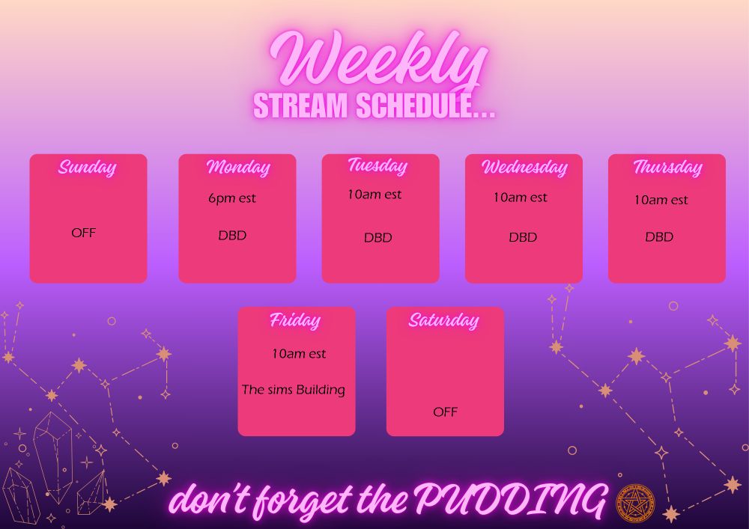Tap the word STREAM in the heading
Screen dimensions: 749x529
(x=300, y=106)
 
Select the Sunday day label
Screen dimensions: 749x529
(x=88, y=168)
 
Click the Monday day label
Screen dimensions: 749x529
(x=238, y=167)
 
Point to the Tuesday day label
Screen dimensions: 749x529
(x=377, y=165)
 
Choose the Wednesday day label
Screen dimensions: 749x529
(x=524, y=167)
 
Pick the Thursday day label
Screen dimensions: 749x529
(x=668, y=167)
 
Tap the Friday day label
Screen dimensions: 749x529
(x=295, y=320)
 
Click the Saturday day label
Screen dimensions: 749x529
(x=443, y=320)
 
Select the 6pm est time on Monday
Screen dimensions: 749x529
(x=232, y=198)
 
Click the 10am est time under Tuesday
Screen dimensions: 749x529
(x=374, y=195)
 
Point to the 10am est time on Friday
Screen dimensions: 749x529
(x=299, y=354)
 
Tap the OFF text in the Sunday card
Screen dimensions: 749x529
(x=84, y=233)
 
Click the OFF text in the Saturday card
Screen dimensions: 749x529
(x=445, y=412)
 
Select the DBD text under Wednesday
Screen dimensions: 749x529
(x=523, y=237)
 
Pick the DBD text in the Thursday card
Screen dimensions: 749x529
(x=659, y=236)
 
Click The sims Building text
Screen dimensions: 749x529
(x=294, y=390)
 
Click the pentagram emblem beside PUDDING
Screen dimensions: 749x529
(x=635, y=503)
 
